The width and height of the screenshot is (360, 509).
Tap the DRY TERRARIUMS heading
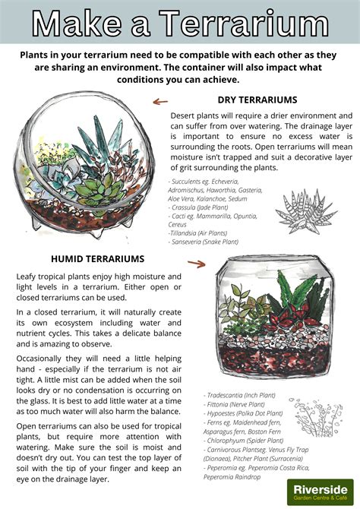coord(257,100)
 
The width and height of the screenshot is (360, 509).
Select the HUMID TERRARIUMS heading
coord(97,259)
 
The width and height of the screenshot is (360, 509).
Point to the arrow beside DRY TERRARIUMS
coord(160,100)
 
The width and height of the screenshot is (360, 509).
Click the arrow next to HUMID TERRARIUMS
coord(197,264)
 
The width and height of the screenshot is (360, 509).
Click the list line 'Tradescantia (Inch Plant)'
coord(241,394)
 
